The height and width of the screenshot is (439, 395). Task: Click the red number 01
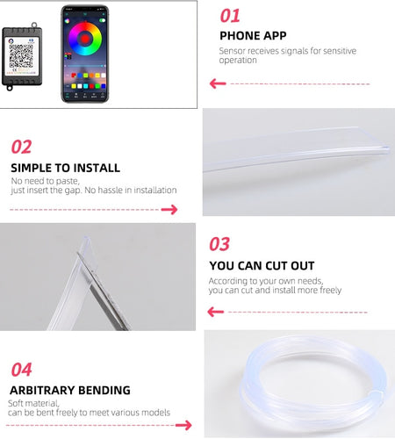(x=230, y=16)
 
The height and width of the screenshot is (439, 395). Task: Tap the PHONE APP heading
(x=253, y=36)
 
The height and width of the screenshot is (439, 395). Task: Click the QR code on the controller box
(x=21, y=56)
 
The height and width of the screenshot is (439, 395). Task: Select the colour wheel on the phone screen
(x=85, y=39)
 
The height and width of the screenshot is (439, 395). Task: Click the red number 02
(x=21, y=147)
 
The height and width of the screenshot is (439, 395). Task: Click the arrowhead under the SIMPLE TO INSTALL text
(x=169, y=210)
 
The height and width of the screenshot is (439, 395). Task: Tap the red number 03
(x=219, y=244)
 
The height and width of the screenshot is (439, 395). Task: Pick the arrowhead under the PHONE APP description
(x=218, y=83)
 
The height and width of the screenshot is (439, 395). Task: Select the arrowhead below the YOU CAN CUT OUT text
(x=216, y=312)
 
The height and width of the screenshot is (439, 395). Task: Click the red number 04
(x=21, y=370)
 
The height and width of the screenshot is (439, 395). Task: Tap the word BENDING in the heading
(x=104, y=391)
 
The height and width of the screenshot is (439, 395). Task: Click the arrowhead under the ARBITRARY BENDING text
(x=183, y=425)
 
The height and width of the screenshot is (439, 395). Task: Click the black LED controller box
(x=22, y=56)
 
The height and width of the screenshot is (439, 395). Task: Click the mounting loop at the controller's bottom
(x=10, y=87)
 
